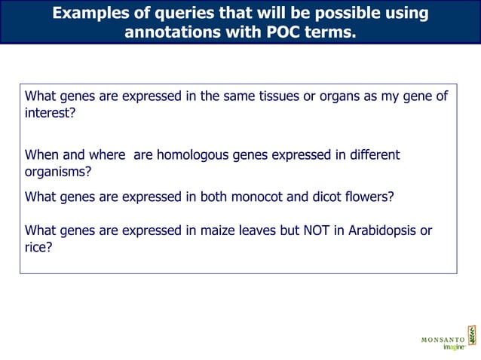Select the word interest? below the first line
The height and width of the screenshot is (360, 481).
51,113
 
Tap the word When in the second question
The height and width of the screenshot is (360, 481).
42,155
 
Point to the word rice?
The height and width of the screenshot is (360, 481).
38,248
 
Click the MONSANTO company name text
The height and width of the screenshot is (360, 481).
443,340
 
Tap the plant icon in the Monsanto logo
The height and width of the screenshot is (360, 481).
472,335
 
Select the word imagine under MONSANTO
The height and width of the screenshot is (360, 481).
452,347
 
